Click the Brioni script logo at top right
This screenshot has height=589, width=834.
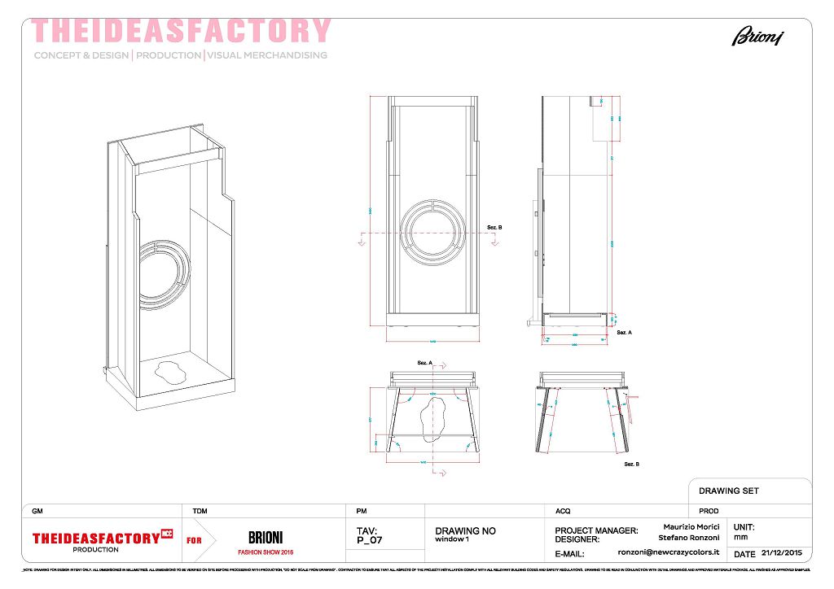(757, 36)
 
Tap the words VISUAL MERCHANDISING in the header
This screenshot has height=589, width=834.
(267, 55)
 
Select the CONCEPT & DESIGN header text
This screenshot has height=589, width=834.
(81, 55)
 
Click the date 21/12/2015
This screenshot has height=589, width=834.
(782, 553)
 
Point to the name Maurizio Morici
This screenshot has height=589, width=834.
(691, 527)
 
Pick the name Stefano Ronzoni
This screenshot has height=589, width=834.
(689, 537)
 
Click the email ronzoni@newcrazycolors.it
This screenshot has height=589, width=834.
(669, 552)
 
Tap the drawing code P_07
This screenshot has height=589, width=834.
(369, 539)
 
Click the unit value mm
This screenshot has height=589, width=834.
(740, 537)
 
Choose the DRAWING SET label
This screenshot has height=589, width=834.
(729, 491)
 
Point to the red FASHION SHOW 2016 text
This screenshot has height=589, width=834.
(266, 552)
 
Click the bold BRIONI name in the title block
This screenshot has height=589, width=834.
(266, 538)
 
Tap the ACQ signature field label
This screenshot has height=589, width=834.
(563, 511)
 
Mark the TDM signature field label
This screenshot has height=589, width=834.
(200, 511)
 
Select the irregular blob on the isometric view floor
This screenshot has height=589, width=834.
(169, 373)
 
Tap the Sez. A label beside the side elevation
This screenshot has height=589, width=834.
(625, 333)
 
